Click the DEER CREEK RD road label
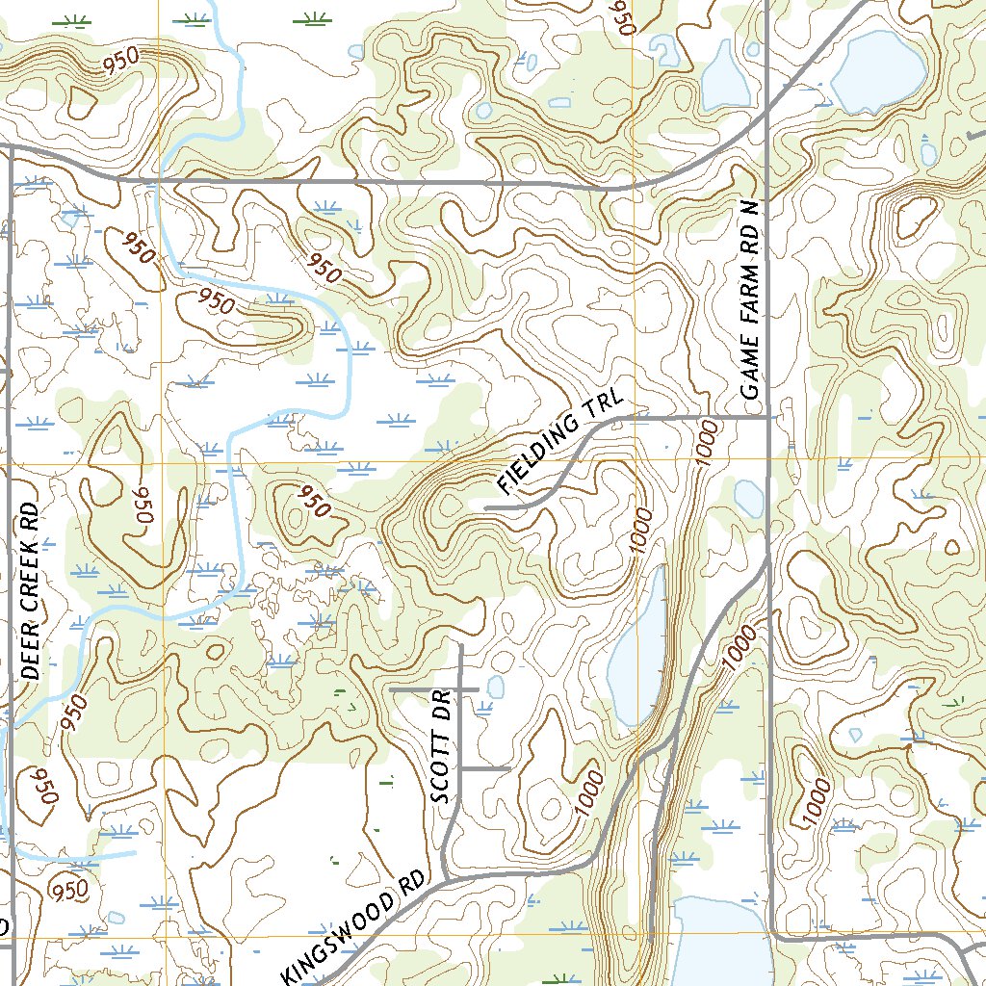[x=30, y=591]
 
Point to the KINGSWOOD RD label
[x=354, y=936]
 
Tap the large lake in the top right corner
[x=878, y=72]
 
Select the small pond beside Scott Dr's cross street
[x=496, y=687]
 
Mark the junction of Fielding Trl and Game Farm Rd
[x=767, y=418]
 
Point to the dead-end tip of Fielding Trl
[x=485, y=506]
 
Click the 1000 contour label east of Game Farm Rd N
[x=815, y=801]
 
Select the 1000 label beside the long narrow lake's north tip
[x=643, y=531]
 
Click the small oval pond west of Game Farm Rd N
[x=749, y=497]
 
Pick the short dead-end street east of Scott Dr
[x=485, y=768]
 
